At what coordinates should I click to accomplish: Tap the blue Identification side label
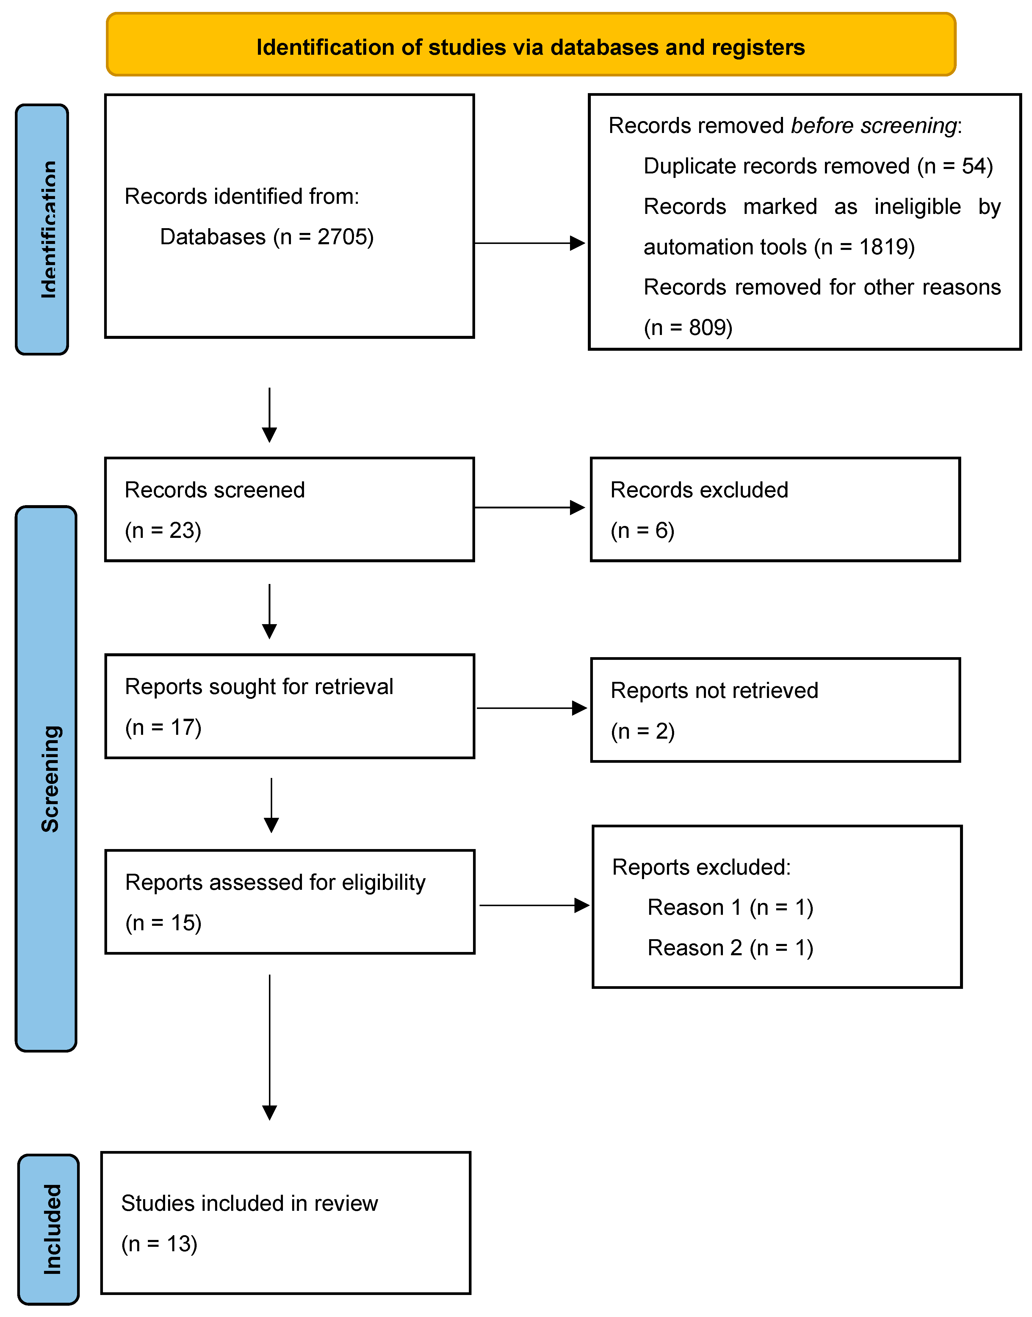click(42, 230)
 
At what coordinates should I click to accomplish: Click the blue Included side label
click(49, 1230)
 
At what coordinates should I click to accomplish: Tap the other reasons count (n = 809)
click(688, 328)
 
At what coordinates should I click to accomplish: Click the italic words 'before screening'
click(874, 126)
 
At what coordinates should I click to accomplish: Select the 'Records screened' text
click(214, 490)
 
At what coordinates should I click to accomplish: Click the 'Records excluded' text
click(699, 490)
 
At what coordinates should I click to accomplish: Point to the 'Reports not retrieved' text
click(714, 690)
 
